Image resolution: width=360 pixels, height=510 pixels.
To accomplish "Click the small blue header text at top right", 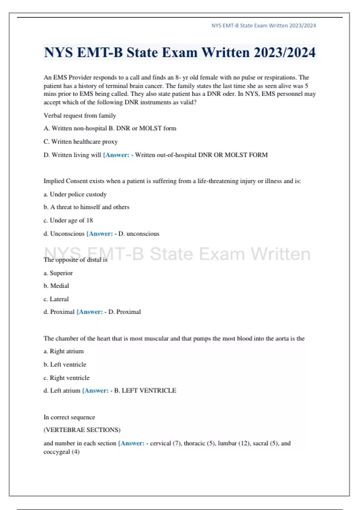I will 264,25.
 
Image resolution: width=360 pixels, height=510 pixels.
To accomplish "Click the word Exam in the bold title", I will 180,52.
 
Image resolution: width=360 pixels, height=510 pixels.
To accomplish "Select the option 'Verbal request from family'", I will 80,115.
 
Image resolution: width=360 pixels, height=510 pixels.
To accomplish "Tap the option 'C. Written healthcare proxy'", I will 80,142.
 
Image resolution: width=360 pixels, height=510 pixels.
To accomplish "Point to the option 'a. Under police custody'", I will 75,194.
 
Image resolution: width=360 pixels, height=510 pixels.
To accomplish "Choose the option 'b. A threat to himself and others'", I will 86,207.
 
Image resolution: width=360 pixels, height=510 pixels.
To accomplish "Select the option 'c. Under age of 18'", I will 68,220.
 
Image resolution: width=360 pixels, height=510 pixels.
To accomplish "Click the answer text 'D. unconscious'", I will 139,234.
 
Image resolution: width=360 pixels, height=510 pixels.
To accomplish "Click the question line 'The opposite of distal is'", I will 75,260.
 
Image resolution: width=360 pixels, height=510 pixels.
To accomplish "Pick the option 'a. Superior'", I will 58,273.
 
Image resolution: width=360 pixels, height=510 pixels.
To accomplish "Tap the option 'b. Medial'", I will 56,286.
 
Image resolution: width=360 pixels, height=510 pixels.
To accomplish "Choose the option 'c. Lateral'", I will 56,299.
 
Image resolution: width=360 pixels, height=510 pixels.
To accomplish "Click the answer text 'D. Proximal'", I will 124,312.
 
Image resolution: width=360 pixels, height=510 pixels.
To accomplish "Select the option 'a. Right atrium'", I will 64,351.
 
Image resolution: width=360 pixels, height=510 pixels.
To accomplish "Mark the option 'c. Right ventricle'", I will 66,378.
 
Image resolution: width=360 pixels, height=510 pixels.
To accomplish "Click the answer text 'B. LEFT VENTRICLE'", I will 145,391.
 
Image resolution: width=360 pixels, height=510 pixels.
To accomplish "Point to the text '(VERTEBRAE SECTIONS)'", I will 82,430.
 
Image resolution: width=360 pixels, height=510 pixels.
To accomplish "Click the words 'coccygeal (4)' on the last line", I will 61,452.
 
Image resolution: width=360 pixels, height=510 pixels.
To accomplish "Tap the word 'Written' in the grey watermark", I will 280,254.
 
